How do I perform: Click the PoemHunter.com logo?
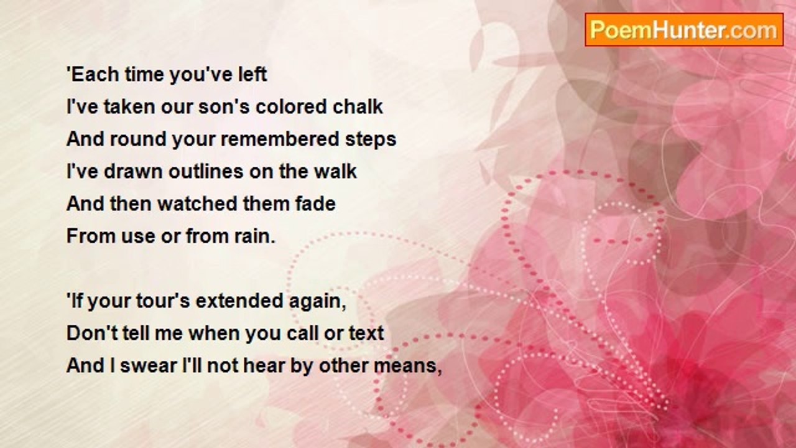click(683, 30)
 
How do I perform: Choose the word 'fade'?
click(314, 203)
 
